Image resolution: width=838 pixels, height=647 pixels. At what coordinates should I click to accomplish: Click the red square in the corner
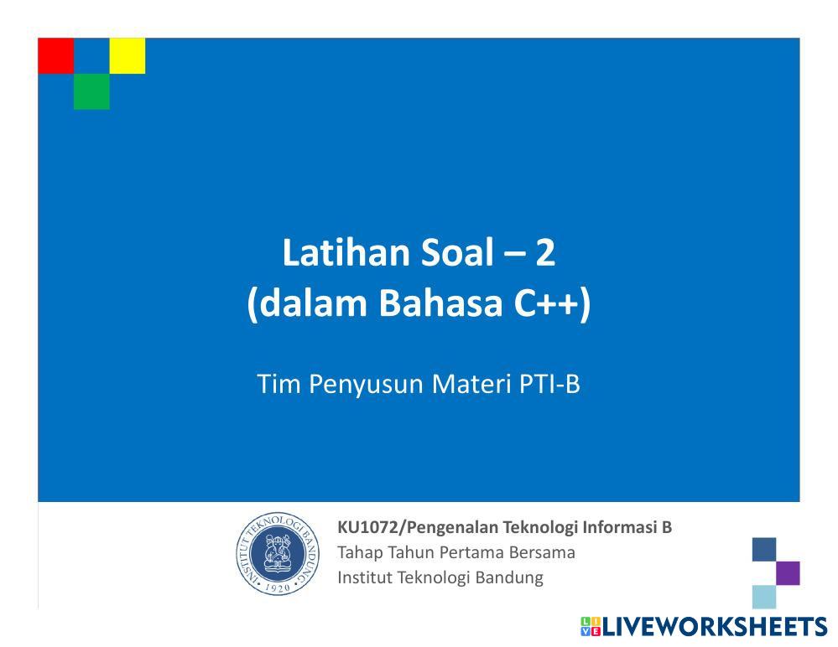tap(55, 55)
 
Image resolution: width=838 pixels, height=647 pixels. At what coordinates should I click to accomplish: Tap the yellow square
tap(128, 55)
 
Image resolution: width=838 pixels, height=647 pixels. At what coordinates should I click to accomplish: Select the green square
tap(91, 91)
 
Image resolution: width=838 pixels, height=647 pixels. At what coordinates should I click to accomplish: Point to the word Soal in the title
tap(457, 252)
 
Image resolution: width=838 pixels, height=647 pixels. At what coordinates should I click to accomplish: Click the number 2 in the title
tap(544, 252)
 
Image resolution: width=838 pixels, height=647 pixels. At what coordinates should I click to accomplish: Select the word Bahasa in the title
tap(441, 303)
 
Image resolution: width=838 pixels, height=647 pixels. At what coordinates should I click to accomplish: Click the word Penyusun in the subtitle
tap(366, 385)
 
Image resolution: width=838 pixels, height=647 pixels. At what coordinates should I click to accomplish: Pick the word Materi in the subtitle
tap(471, 384)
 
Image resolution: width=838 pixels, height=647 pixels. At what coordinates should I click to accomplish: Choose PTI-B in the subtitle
tap(549, 384)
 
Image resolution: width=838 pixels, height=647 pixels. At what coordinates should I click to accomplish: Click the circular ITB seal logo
tap(278, 554)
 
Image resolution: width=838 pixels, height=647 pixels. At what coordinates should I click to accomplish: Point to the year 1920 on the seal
tap(278, 587)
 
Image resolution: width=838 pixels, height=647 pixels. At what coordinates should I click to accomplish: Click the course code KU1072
tap(368, 527)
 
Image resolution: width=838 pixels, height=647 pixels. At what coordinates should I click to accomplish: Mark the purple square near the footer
tap(788, 572)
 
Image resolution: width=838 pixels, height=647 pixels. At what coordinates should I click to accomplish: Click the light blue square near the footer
tap(764, 597)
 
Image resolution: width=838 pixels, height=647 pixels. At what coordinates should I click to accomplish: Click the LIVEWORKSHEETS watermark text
tap(715, 627)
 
